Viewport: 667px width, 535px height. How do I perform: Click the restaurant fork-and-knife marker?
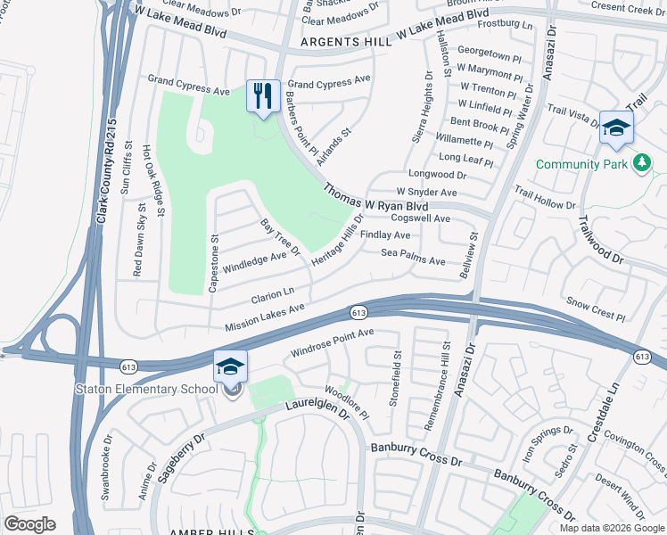[x=263, y=96]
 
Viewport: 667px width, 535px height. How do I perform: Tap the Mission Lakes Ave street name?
[x=265, y=317]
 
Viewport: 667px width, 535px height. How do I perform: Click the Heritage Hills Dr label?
[x=338, y=240]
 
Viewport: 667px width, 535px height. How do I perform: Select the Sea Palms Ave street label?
[x=413, y=258]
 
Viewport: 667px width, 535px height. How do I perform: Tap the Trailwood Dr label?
[x=600, y=238]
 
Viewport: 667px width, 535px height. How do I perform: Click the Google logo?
[x=29, y=524]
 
